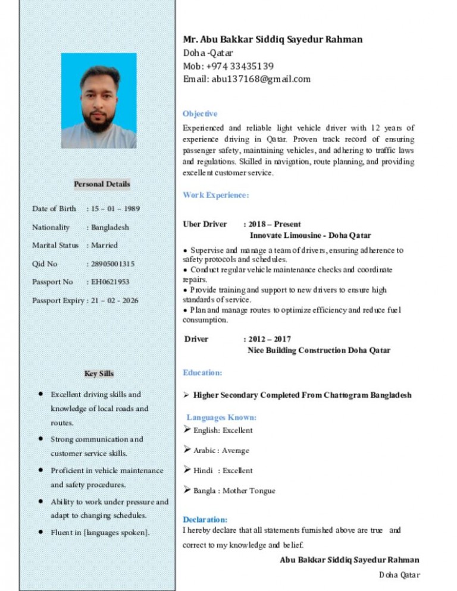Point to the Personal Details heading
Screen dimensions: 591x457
102,184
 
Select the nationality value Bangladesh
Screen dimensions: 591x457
109,227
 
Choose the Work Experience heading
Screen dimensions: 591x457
215,195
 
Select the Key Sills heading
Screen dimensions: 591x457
99,374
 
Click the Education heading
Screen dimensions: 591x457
202,373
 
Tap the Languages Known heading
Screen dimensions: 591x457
221,417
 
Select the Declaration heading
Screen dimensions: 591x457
205,519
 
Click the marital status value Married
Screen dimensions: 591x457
104,245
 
